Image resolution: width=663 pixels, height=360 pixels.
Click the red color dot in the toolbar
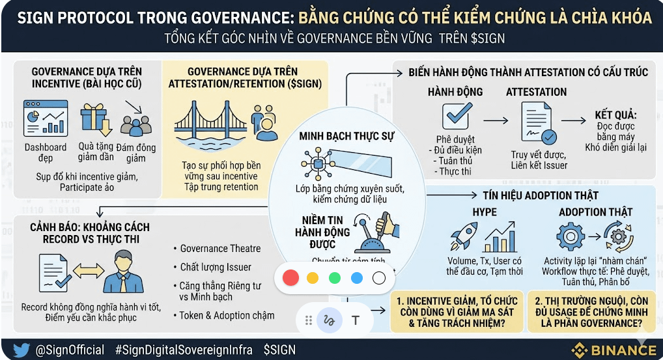click(x=291, y=278)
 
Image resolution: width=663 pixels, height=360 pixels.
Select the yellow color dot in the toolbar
click(x=313, y=278)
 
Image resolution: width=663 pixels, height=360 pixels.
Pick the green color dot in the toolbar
click(x=335, y=278)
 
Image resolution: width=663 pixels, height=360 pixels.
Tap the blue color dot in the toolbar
click(x=357, y=278)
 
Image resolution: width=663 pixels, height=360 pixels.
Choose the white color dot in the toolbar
click(x=379, y=278)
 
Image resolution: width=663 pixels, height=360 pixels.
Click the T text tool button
click(x=356, y=320)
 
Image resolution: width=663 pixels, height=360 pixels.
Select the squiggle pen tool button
click(x=330, y=320)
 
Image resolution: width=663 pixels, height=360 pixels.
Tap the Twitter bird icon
click(x=21, y=350)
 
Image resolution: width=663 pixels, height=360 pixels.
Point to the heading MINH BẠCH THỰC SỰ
click(x=338, y=136)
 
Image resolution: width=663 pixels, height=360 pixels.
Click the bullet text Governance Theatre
click(x=220, y=248)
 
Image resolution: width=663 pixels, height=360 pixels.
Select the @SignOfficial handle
click(x=69, y=350)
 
